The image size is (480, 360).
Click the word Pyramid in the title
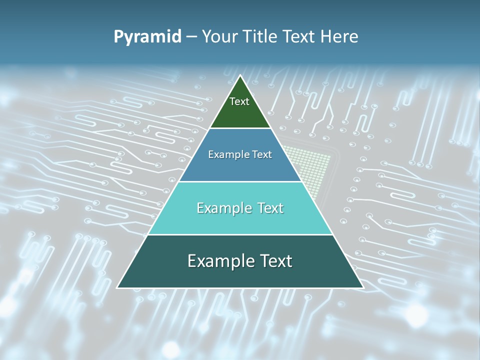pyautogui.click(x=147, y=37)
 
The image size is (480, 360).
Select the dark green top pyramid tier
pyautogui.click(x=240, y=112)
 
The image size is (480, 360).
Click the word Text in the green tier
pyautogui.click(x=239, y=101)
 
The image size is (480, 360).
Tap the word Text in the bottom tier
pyautogui.click(x=274, y=261)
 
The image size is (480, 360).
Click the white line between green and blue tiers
pyautogui.click(x=240, y=128)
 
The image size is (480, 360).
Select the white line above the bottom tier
pyautogui.click(x=240, y=234)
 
